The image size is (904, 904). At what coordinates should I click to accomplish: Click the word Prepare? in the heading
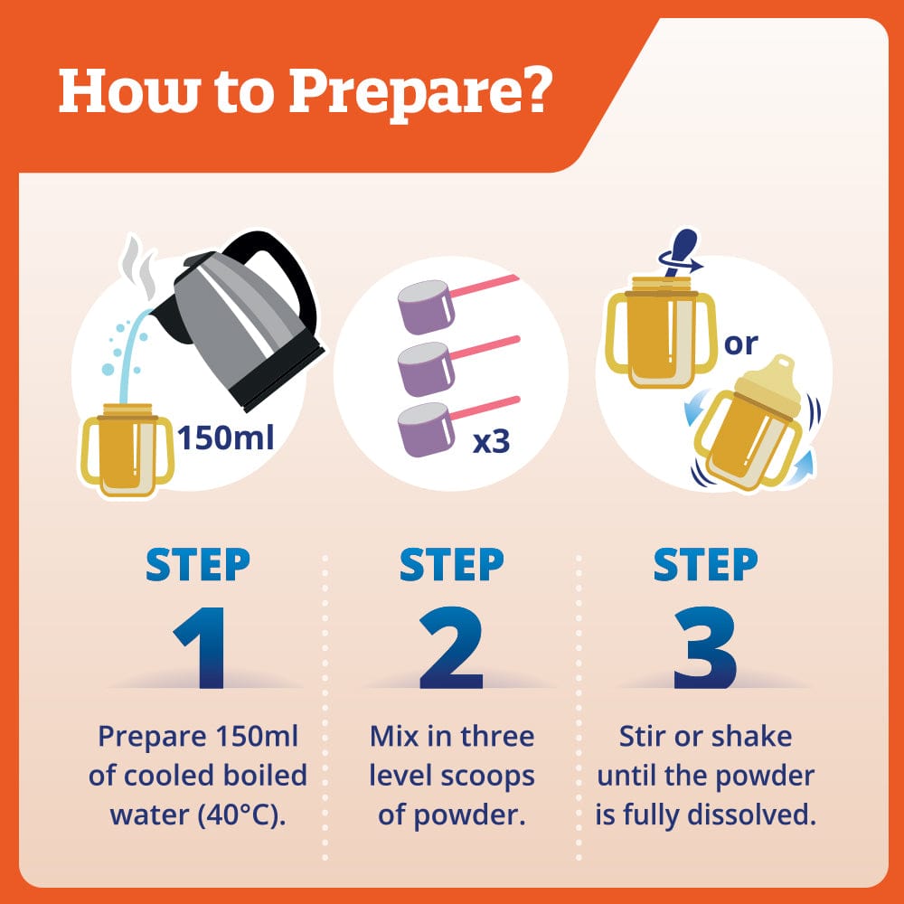420,93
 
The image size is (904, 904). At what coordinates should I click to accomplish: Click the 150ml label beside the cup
225,438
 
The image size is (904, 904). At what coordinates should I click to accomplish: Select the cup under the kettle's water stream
127,449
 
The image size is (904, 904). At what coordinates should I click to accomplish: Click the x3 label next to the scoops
491,442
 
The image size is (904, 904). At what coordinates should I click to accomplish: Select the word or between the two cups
741,344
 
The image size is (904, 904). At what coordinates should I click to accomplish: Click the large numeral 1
200,647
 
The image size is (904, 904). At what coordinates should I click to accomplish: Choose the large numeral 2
451,647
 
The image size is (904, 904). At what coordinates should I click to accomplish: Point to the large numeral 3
705,647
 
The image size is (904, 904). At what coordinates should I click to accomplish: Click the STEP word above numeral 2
451,564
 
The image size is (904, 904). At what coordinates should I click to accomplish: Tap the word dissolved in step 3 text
752,815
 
